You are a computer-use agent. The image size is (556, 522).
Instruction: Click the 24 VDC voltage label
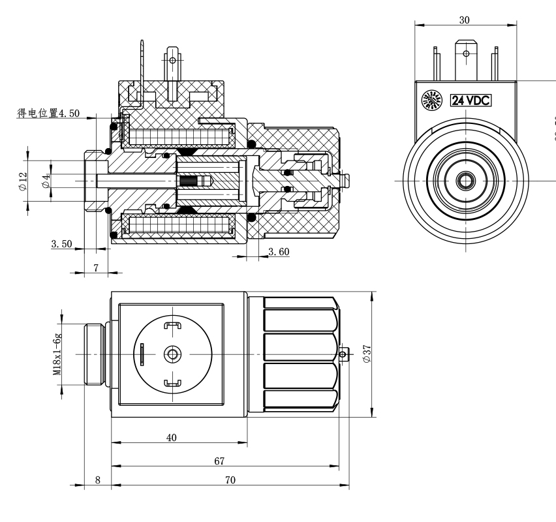click(471, 100)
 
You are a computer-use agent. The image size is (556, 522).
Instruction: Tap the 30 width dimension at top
click(464, 20)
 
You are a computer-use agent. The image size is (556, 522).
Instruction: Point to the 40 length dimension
click(171, 438)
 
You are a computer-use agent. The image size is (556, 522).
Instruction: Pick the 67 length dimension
click(219, 461)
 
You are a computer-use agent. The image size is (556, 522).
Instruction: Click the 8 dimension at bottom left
click(98, 480)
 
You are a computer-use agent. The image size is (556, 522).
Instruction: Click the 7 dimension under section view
click(96, 268)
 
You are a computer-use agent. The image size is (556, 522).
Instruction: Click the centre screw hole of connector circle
click(172, 354)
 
